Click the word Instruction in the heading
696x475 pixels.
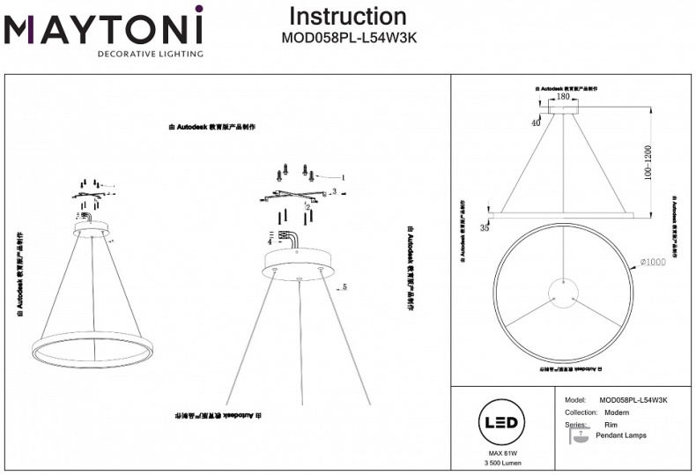tap(348, 16)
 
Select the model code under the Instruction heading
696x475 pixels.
tap(348, 38)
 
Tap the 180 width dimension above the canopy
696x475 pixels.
tap(563, 97)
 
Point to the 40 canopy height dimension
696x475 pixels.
tap(536, 123)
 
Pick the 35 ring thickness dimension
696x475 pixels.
tap(485, 227)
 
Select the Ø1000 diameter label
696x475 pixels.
tap(654, 262)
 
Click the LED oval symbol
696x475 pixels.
tap(499, 423)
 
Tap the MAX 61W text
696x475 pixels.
tap(499, 453)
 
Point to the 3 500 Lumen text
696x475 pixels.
tap(499, 464)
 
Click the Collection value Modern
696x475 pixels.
tap(611, 412)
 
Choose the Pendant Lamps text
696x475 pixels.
tap(621, 435)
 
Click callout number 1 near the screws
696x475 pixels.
tap(342, 177)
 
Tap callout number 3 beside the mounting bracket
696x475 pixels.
tap(335, 190)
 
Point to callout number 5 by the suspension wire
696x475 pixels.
tap(345, 286)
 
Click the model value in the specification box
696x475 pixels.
tap(633, 400)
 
